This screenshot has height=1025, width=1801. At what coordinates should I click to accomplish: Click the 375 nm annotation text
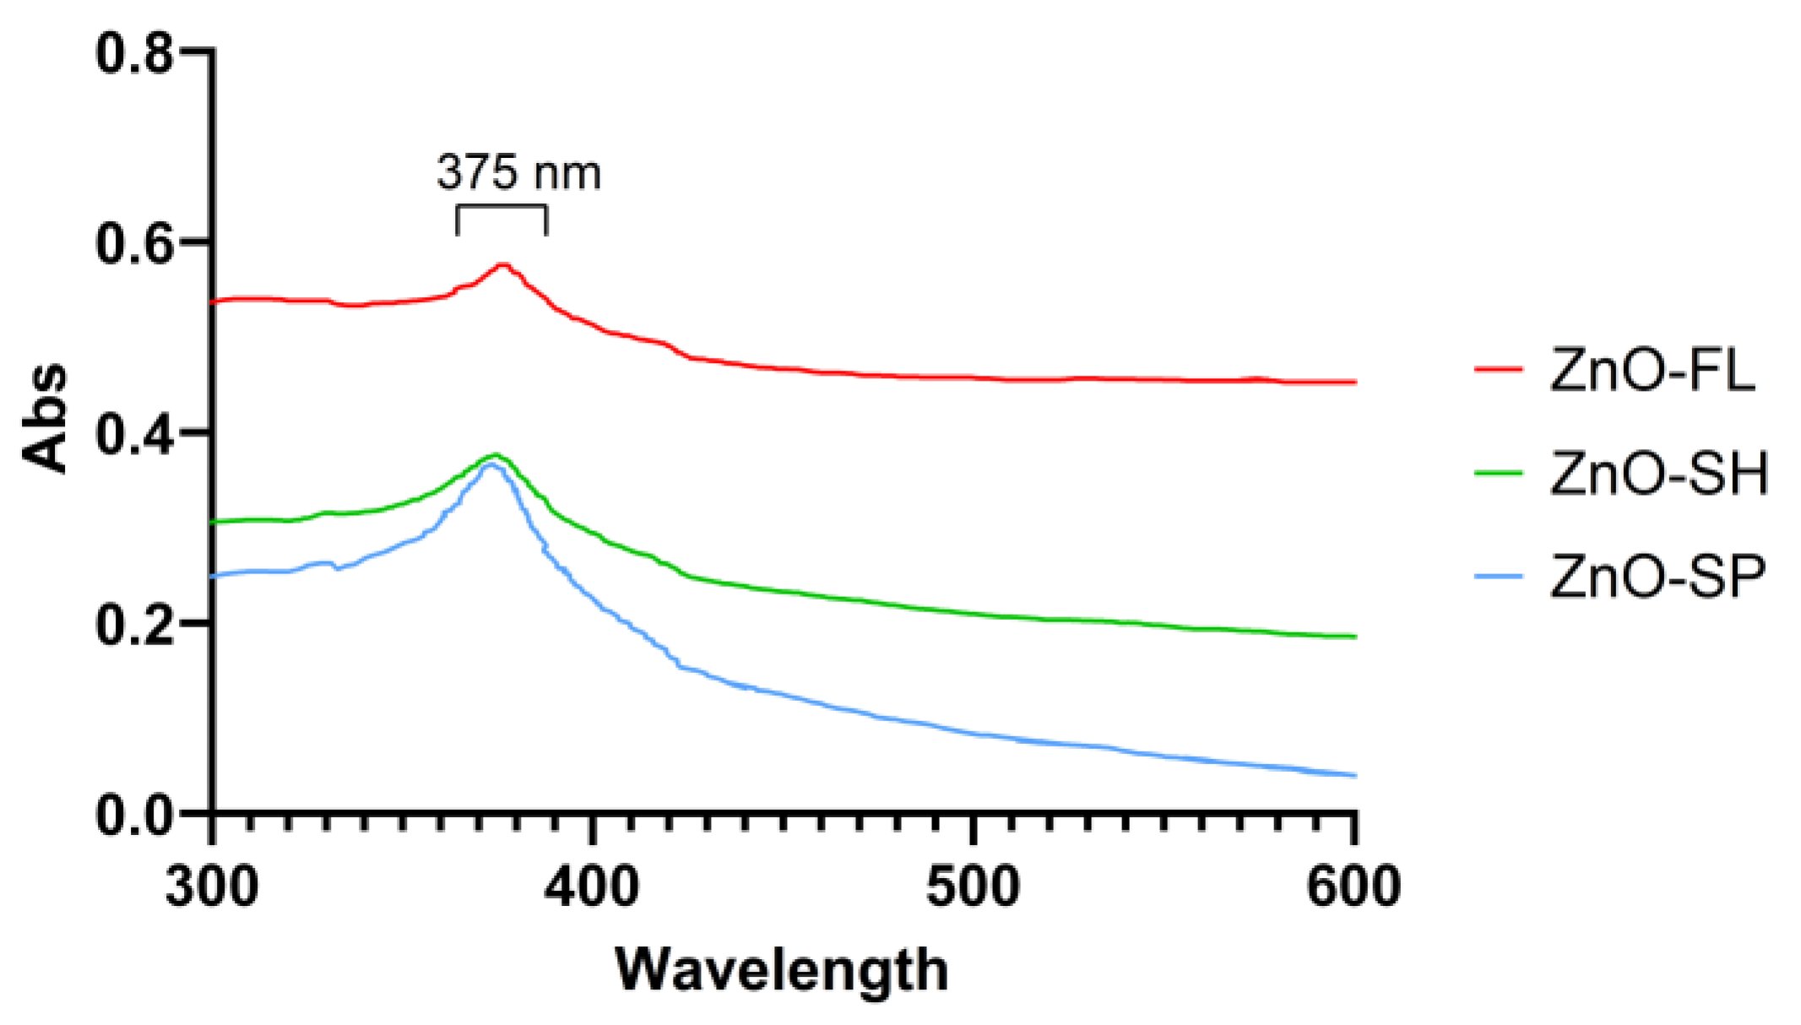click(x=518, y=172)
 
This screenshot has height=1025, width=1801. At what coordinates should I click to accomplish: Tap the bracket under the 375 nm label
click(x=502, y=207)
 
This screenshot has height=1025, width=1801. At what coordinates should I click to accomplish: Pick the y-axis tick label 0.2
click(x=134, y=626)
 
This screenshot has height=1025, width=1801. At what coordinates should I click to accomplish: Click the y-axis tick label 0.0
click(x=134, y=816)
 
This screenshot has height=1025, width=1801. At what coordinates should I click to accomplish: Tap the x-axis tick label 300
click(x=211, y=887)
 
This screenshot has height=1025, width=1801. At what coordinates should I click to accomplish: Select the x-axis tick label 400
click(x=592, y=887)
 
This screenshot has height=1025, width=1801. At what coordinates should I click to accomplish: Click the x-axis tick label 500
click(x=973, y=887)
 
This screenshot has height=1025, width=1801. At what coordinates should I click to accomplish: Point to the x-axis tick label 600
click(x=1353, y=887)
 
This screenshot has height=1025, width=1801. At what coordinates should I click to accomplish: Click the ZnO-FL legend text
click(x=1652, y=370)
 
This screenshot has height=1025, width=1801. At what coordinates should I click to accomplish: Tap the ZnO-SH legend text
click(x=1659, y=473)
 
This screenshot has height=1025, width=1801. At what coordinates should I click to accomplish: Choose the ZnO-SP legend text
click(x=1657, y=577)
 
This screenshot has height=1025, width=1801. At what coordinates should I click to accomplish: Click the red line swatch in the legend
click(x=1498, y=369)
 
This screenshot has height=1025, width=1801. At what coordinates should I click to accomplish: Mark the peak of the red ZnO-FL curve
click(x=503, y=265)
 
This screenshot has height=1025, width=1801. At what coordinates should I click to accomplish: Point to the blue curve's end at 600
click(x=1353, y=775)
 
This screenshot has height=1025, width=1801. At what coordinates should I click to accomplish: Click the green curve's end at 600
click(x=1353, y=637)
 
